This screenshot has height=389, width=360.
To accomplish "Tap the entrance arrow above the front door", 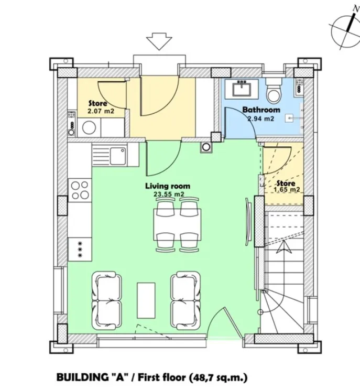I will [159, 41].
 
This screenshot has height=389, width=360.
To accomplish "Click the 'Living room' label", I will [167, 186].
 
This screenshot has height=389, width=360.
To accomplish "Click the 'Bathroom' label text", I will [260, 110].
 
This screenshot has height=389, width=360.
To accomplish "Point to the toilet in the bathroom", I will [274, 93].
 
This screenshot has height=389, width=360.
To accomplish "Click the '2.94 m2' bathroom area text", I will [260, 118].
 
